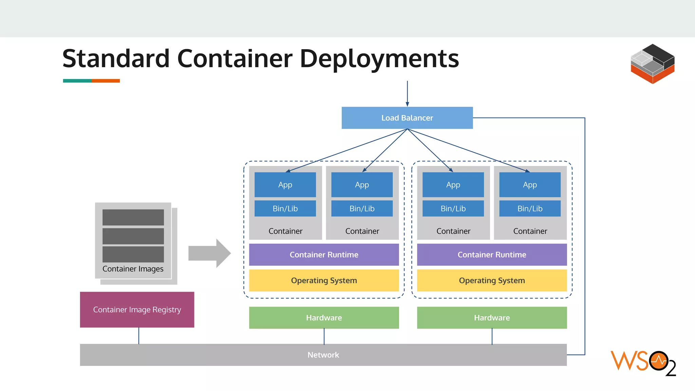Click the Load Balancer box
[407, 118]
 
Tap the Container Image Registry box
[137, 310]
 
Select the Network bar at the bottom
[323, 355]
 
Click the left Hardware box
[324, 318]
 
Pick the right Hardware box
[492, 318]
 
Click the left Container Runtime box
[324, 255]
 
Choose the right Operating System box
[492, 280]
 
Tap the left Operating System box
[324, 280]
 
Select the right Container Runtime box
[492, 255]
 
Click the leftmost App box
[285, 185]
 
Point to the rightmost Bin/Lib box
[530, 208]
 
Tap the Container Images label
[133, 269]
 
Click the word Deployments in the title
[379, 59]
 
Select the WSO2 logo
[643, 362]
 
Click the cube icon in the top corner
[652, 64]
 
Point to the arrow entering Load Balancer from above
[407, 94]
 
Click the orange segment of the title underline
[106, 81]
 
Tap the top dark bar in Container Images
[133, 217]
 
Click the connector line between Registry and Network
[139, 336]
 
